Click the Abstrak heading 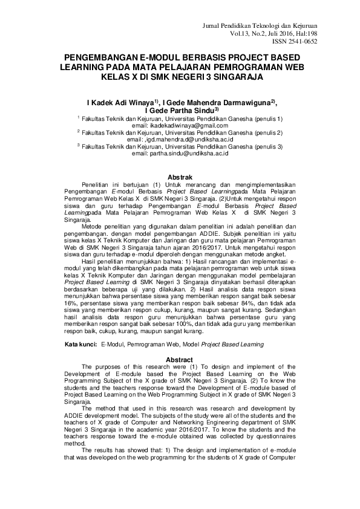coord(180,175)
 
